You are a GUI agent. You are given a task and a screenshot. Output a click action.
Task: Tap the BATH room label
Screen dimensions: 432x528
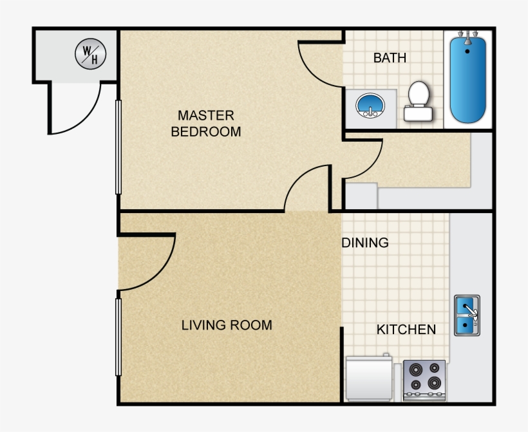point(390,58)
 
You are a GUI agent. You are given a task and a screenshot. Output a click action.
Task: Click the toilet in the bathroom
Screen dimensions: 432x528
point(419,102)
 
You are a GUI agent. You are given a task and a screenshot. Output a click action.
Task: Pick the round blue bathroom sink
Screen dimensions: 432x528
point(370,105)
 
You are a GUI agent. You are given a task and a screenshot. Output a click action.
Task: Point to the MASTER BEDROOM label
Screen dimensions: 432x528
point(206,124)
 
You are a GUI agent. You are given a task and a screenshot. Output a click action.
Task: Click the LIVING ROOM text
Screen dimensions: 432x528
point(227,325)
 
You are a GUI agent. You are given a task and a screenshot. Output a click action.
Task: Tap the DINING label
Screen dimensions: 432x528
point(365,243)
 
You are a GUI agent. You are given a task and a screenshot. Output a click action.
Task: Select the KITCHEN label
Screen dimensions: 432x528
point(406,330)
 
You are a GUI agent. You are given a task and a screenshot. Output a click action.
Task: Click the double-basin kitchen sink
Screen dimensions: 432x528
point(467,315)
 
